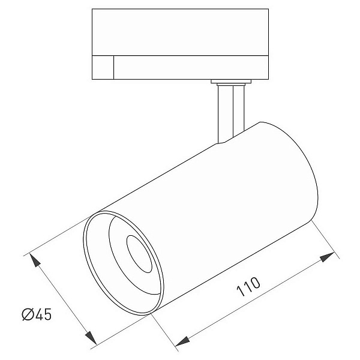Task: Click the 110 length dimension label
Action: click(x=248, y=287)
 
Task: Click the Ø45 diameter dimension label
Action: click(x=37, y=314)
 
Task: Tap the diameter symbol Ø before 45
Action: click(x=28, y=314)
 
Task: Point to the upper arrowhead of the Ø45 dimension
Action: click(x=35, y=260)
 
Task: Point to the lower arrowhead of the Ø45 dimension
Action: click(x=91, y=337)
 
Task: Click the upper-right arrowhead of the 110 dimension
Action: click(x=327, y=257)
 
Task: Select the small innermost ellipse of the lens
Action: click(x=139, y=254)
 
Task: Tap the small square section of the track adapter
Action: click(x=103, y=67)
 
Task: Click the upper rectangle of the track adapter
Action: click(x=180, y=32)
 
